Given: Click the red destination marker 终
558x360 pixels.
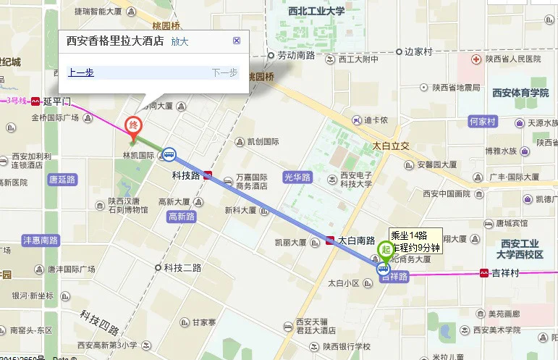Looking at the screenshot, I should (132, 125).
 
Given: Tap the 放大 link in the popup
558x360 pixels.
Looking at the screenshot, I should (179, 41).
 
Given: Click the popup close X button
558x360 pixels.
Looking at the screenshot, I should (237, 41).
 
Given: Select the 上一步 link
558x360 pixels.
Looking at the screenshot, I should (80, 72).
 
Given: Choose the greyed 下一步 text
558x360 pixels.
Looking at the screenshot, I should (224, 72).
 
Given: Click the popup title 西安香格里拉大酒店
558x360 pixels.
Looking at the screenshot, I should (115, 41).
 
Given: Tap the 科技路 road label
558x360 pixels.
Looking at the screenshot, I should (185, 175).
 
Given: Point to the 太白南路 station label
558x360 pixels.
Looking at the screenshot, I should (356, 240).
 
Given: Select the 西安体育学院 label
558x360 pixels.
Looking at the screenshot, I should (520, 93).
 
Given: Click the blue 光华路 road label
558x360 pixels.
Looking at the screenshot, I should (297, 177).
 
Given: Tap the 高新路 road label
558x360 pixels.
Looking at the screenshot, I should (181, 216).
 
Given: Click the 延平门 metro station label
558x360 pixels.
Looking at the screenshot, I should (58, 101).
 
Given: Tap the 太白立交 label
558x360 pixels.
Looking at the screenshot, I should (391, 146).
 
